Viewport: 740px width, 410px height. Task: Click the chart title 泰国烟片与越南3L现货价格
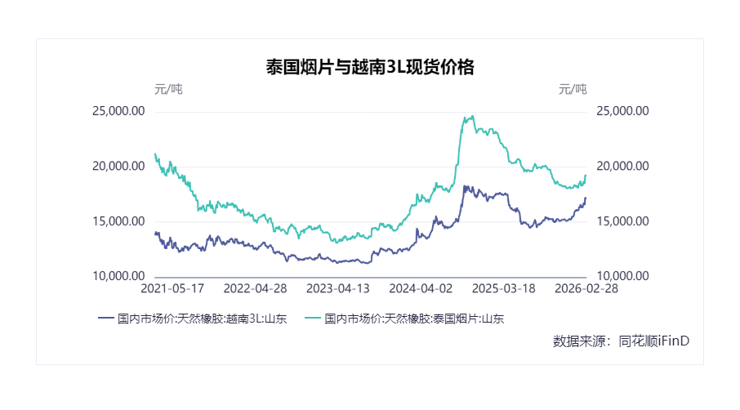[370, 67]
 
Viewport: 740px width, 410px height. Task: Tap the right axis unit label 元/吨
[573, 89]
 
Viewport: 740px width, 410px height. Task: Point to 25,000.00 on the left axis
[118, 111]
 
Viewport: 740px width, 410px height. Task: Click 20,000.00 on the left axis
[118, 166]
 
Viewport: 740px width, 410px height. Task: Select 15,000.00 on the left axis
[118, 221]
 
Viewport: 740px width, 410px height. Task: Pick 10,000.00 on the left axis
[118, 277]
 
